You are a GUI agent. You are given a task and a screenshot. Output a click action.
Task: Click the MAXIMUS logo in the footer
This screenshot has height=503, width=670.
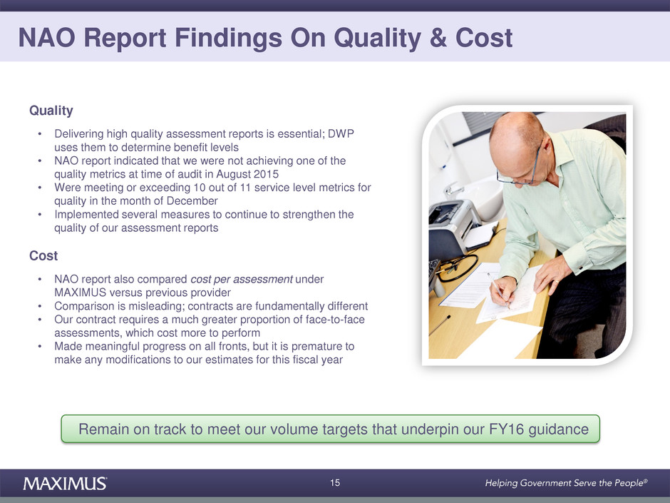65,483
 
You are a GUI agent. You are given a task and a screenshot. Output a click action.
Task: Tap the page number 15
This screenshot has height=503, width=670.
335,483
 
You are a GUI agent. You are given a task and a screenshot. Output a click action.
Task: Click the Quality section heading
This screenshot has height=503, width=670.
51,111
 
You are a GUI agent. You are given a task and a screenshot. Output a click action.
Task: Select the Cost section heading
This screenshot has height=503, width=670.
43,255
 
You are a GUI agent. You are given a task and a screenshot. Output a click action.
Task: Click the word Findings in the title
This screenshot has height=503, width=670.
228,38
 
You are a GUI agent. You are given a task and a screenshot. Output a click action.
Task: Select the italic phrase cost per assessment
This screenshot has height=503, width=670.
242,279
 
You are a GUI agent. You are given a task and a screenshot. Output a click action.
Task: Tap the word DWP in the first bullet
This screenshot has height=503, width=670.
341,134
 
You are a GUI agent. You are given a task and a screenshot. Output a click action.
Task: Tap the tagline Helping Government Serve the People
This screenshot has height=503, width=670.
566,483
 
